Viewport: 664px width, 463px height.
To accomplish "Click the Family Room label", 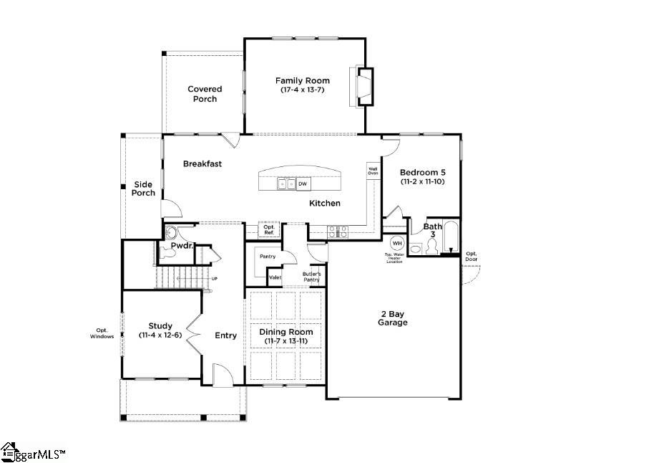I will coord(303,80).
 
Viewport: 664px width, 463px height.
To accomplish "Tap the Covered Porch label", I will coord(205,94).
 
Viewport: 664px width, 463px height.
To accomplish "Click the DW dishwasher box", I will coord(303,184).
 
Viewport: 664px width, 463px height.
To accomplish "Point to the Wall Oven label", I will coord(373,171).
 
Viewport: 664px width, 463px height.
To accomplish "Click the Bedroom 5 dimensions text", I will coord(422,182).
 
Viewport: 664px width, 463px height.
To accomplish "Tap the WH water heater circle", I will coord(396,244).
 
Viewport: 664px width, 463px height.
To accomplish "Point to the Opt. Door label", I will coord(472,256).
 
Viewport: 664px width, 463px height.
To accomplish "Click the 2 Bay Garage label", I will coord(393,318).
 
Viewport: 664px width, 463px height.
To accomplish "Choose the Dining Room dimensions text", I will coord(285,341).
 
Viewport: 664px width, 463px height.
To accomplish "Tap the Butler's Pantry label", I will coord(311,277).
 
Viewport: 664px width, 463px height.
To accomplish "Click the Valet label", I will coord(275,277).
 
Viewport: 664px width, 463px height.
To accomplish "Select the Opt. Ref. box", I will coord(268,230).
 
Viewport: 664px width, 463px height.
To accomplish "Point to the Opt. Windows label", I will coord(102,333).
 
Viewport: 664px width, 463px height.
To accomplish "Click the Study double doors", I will coord(193,333).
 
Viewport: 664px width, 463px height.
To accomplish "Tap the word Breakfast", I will coord(202,163).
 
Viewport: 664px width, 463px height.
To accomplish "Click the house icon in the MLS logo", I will coord(9,451).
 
